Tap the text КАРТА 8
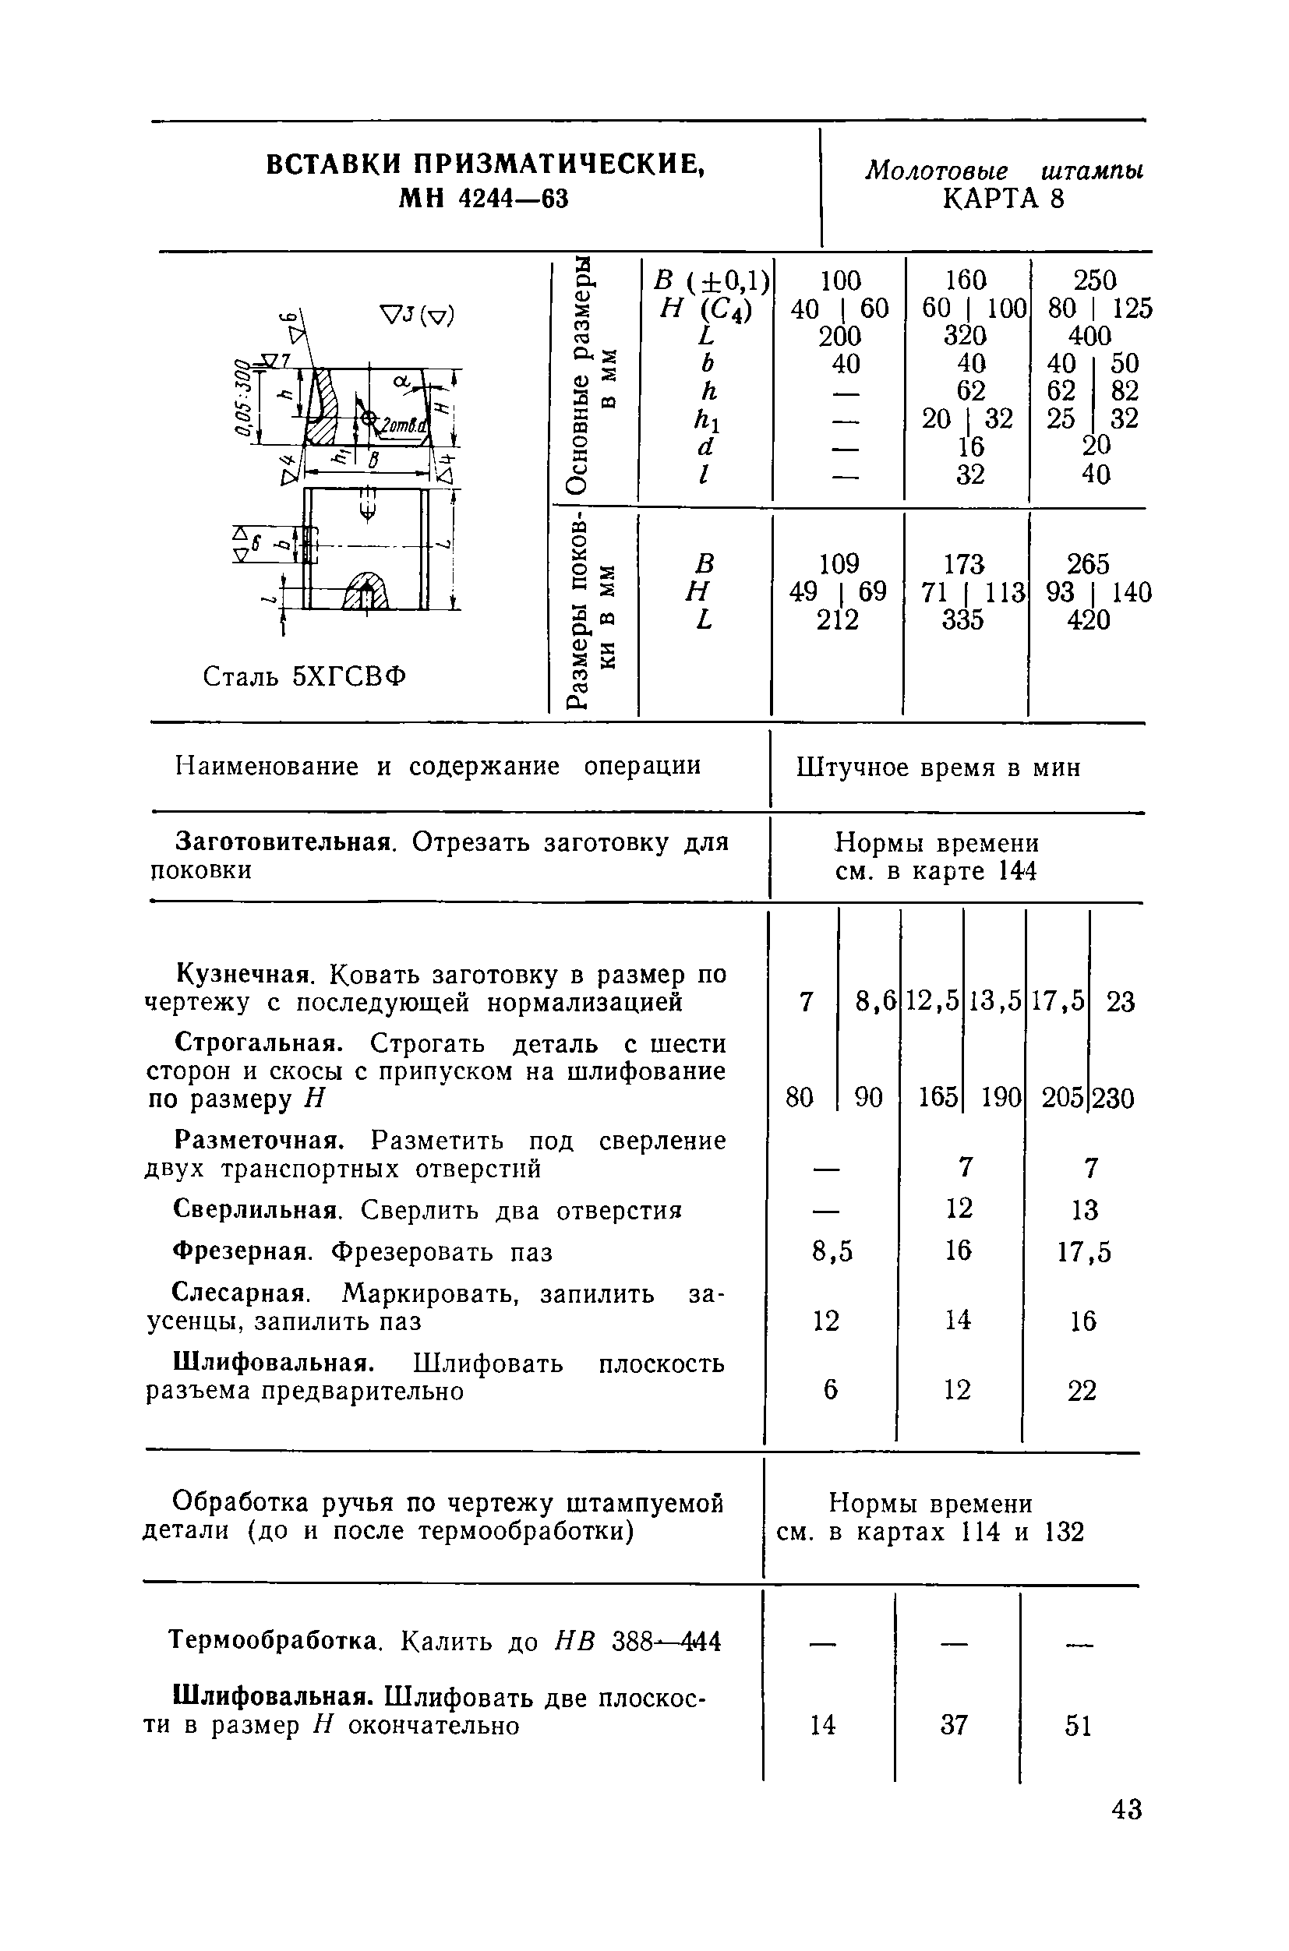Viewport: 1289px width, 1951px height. point(1003,199)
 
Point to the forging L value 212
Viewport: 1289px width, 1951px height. point(837,619)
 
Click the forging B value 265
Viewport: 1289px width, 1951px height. point(1088,564)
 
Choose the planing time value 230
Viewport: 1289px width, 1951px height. point(1113,1098)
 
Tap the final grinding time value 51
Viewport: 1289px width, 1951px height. point(1078,1726)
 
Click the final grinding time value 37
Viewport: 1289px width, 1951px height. point(954,1724)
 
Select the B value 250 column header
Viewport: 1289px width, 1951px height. point(1095,281)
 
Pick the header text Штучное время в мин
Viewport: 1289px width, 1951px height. point(938,767)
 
